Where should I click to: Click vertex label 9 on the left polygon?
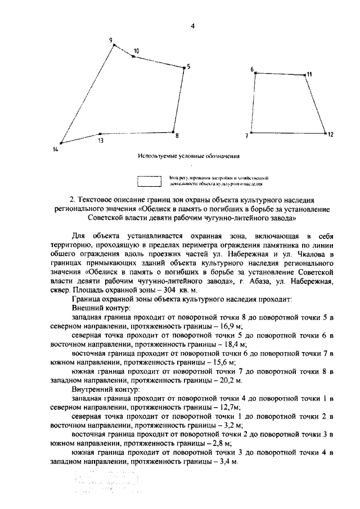coord(111,39)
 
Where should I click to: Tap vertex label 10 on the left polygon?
coord(136,51)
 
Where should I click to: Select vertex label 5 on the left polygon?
coord(189,66)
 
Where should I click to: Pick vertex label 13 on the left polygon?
coord(100,141)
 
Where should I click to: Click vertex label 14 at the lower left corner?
coord(55,149)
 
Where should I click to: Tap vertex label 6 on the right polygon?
coord(252,69)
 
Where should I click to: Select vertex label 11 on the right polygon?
coord(309,74)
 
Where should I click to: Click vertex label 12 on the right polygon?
coord(331,135)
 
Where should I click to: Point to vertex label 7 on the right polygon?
coord(246,136)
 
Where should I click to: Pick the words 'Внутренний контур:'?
coord(105,389)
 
